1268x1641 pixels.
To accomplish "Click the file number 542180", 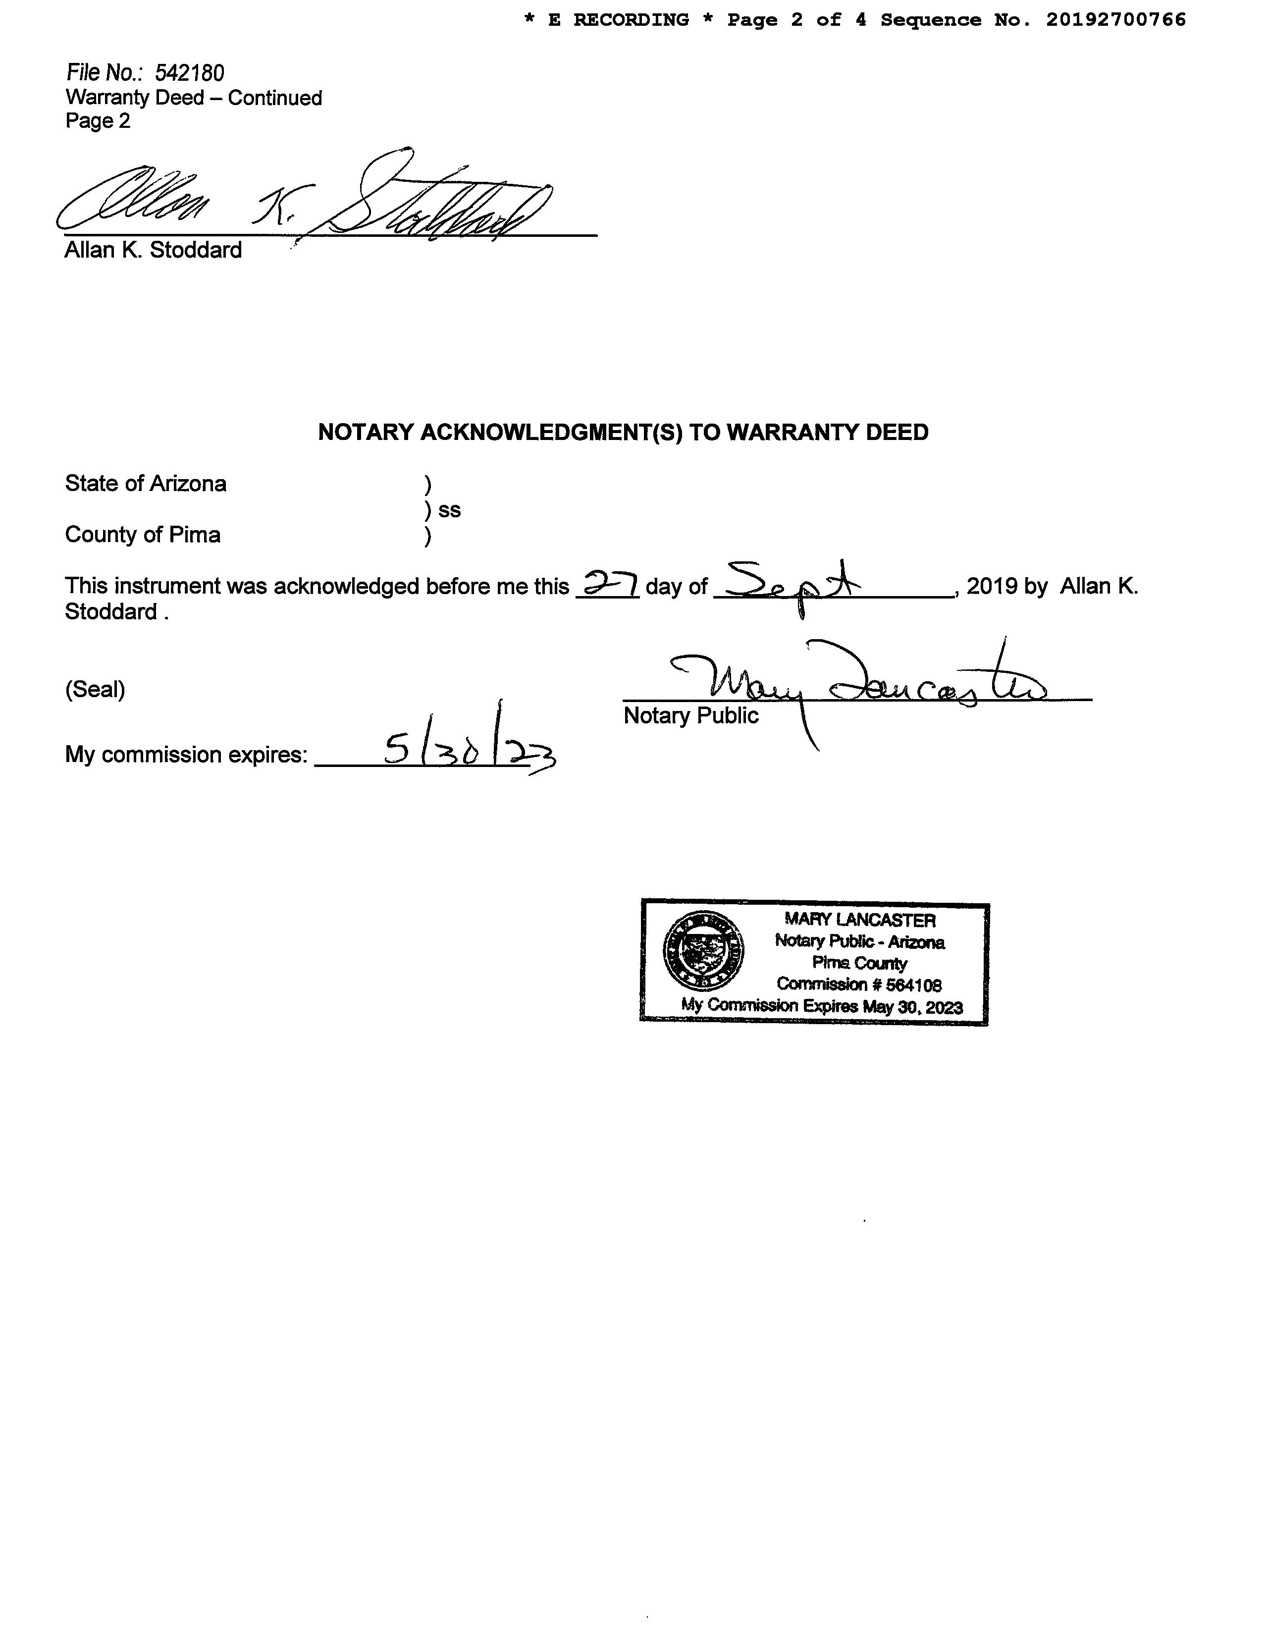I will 189,73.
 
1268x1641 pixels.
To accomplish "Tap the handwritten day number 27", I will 607,584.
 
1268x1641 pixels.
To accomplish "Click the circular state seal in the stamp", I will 703,950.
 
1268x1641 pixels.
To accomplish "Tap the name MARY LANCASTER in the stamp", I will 859,920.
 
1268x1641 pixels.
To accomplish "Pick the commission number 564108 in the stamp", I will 910,985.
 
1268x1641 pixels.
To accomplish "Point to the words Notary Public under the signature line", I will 690,715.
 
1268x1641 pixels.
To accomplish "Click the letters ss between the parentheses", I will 449,510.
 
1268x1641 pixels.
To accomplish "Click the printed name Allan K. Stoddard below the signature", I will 153,250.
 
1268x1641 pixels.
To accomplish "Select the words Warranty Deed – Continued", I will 194,98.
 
